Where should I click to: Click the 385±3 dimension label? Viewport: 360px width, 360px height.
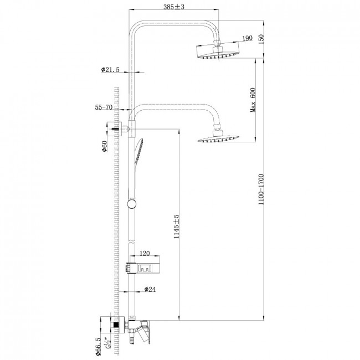[x=174, y=7]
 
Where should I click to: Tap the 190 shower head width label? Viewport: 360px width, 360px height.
[x=248, y=38]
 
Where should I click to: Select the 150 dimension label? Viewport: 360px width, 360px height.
[x=261, y=39]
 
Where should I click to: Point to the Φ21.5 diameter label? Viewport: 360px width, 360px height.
[x=110, y=70]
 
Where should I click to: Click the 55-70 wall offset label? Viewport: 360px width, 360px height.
[x=104, y=107]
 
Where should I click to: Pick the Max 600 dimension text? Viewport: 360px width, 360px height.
[x=253, y=100]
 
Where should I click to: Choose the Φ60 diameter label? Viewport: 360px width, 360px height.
[x=105, y=146]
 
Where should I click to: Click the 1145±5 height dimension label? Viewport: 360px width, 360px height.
[x=176, y=227]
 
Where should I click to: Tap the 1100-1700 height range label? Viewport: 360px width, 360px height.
[x=261, y=189]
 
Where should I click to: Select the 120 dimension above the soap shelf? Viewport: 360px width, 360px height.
[x=145, y=253]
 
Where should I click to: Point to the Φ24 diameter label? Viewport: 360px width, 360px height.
[x=150, y=289]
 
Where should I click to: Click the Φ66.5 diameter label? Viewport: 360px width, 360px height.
[x=98, y=347]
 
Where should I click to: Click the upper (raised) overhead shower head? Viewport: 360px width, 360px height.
[x=218, y=50]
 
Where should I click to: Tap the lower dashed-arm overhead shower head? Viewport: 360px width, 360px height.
[x=218, y=137]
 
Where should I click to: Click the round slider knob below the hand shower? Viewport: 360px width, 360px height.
[x=131, y=204]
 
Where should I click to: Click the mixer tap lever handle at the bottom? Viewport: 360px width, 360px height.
[x=144, y=332]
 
